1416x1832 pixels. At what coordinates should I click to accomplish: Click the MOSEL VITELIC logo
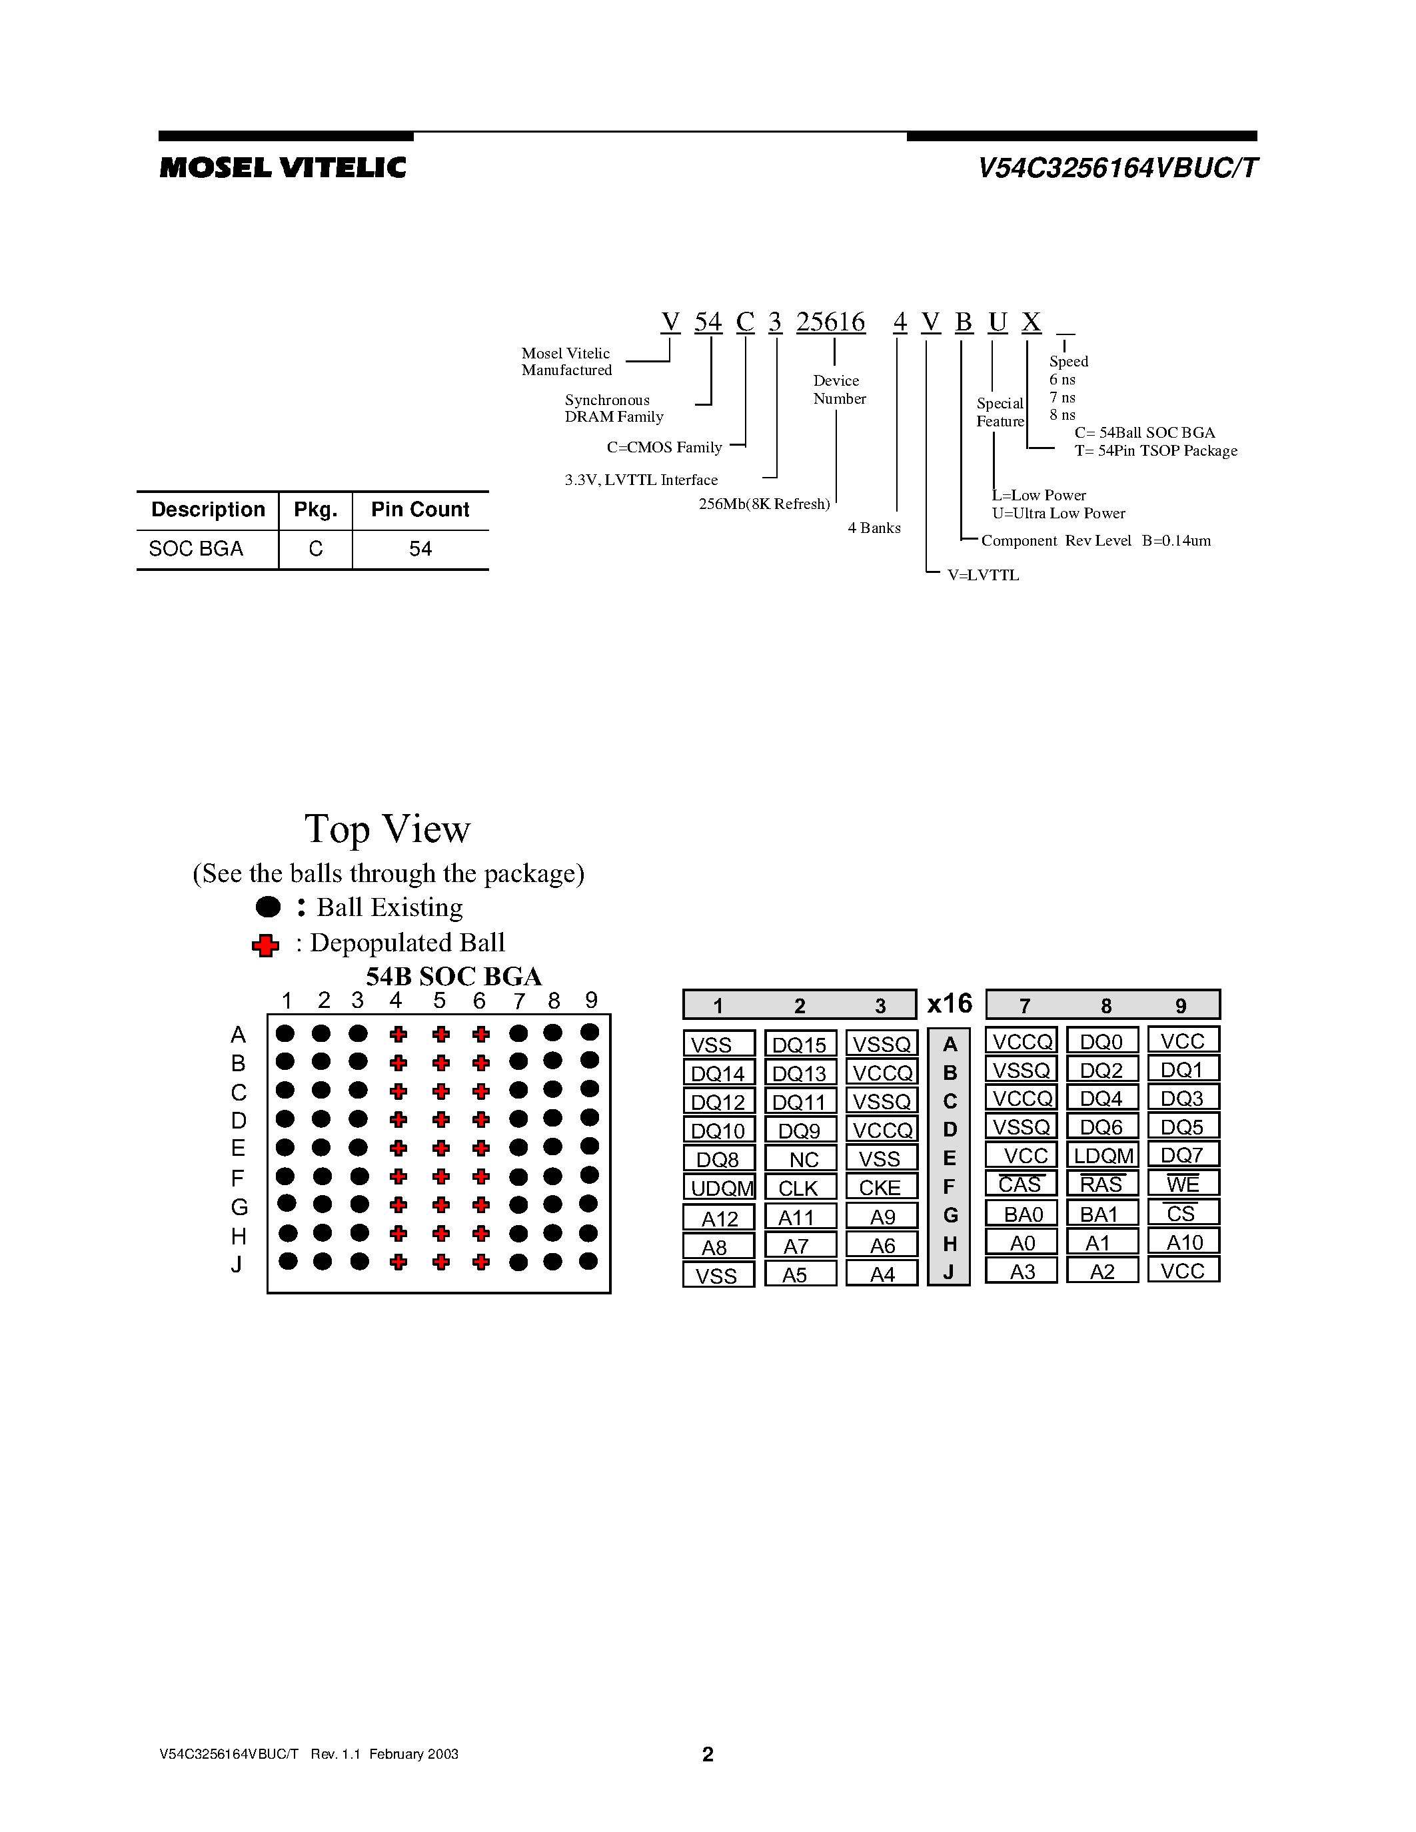(283, 168)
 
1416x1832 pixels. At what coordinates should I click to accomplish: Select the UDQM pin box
(720, 1187)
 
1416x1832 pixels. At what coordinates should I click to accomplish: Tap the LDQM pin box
(1103, 1155)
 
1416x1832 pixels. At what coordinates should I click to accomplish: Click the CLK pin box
(800, 1187)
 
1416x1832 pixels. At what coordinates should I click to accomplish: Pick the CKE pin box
(881, 1187)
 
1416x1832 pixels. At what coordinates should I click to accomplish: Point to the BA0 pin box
(1022, 1214)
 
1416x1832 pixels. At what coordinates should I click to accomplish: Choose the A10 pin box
(1183, 1242)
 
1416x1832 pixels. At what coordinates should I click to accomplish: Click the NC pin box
(801, 1158)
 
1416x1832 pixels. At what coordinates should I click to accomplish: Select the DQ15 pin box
(800, 1045)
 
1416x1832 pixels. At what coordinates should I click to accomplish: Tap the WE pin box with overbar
(1183, 1184)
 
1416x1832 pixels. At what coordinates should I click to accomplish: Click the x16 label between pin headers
(950, 1003)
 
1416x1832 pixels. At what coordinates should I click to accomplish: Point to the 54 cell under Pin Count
(420, 548)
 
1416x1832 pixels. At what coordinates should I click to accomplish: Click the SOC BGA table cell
(197, 548)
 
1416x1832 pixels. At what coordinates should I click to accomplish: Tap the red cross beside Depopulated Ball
(265, 945)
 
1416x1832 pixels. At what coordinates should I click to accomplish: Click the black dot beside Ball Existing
(268, 907)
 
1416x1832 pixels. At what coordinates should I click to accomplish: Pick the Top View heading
(388, 829)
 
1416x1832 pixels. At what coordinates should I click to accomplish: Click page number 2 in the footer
(707, 1754)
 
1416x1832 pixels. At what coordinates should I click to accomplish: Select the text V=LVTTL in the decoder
(983, 576)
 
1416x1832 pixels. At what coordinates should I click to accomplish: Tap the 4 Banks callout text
(874, 528)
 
